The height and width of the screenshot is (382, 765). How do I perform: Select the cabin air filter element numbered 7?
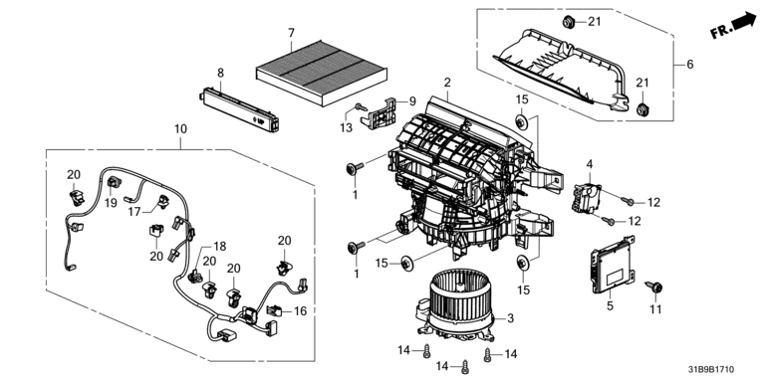tap(322, 73)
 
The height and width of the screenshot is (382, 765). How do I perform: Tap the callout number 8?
tap(220, 73)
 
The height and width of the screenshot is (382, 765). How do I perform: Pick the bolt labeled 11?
tap(652, 286)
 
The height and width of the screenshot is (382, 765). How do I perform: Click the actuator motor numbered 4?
tap(586, 197)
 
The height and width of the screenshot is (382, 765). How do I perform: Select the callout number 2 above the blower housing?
tap(447, 83)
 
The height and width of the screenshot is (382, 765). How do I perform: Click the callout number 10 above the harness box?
tap(180, 129)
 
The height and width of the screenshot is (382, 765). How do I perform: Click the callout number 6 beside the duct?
tap(690, 65)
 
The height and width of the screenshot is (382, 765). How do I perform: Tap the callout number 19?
tap(111, 203)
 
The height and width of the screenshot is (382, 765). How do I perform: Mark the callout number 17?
tap(134, 212)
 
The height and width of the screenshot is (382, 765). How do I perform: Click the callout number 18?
tap(220, 247)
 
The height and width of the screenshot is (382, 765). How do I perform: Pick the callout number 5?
tap(610, 306)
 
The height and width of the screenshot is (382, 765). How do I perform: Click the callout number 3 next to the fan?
tap(510, 318)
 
